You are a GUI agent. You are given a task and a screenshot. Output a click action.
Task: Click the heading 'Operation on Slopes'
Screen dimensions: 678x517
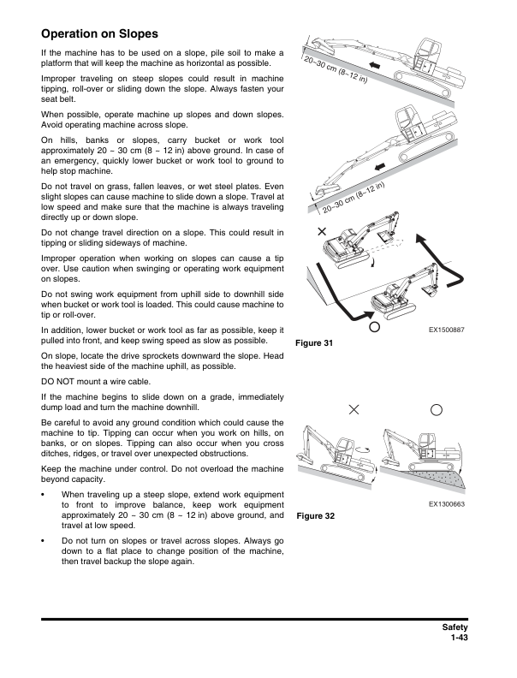coord(99,34)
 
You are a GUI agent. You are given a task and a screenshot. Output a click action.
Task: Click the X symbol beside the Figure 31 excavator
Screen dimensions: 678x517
coord(322,232)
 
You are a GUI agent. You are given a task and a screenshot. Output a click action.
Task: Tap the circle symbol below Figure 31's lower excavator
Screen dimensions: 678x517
coord(374,326)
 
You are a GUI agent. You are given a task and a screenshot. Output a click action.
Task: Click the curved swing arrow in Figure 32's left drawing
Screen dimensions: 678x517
coord(363,447)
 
